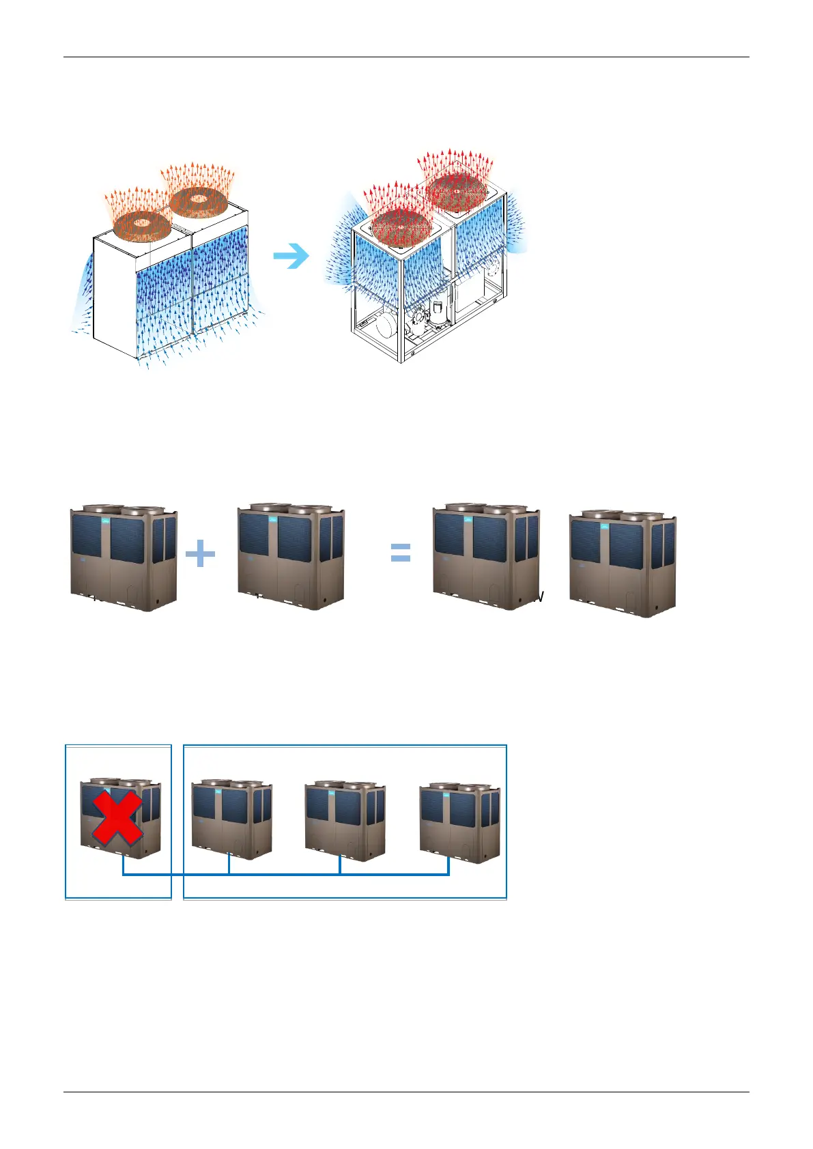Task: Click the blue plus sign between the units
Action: [x=200, y=553]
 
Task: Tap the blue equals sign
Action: [x=401, y=553]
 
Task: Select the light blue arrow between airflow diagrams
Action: [x=291, y=257]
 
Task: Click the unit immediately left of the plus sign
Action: [x=124, y=557]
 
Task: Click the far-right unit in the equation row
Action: [x=622, y=563]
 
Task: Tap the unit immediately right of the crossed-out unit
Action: [x=232, y=819]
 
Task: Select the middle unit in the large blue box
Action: [x=345, y=821]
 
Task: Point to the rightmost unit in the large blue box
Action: [x=459, y=823]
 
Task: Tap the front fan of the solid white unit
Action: [x=141, y=223]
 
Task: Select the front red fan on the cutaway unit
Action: [x=401, y=224]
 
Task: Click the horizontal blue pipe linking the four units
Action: [x=287, y=875]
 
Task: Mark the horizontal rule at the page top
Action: [x=406, y=57]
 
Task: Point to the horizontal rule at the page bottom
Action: [x=406, y=1092]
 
